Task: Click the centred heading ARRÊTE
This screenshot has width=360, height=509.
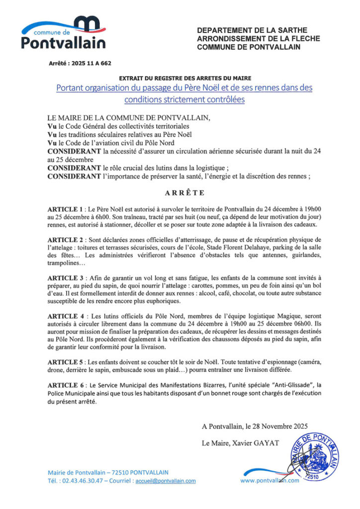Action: point(180,192)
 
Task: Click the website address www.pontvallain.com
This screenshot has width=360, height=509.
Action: point(270,481)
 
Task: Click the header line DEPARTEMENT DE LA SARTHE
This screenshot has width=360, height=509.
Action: point(252,30)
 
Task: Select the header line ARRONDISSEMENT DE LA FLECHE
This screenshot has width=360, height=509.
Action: point(259,39)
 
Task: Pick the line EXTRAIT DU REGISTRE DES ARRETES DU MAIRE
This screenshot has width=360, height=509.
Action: point(185,78)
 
